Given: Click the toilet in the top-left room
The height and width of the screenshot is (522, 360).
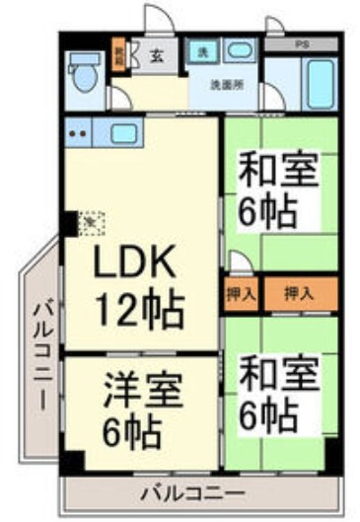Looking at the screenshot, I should pyautogui.click(x=82, y=74).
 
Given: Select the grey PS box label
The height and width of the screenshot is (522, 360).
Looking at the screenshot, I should pyautogui.click(x=304, y=45).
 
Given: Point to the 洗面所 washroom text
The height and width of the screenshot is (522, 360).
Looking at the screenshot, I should pyautogui.click(x=225, y=84).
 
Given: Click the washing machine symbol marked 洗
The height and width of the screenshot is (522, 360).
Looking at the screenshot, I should pyautogui.click(x=201, y=50).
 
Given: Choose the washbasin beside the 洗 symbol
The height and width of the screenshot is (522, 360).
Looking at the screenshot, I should pyautogui.click(x=238, y=50).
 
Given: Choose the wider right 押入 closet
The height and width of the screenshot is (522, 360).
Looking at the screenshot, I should pyautogui.click(x=299, y=293).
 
